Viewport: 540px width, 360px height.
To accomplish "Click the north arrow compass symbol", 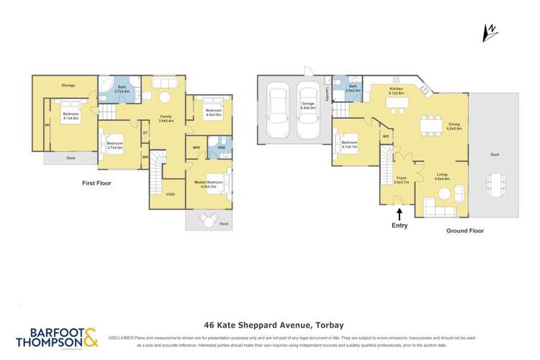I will tap(489, 32).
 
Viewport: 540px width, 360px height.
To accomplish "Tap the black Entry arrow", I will tap(400, 213).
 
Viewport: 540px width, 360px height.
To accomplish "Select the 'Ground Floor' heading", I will tap(464, 231).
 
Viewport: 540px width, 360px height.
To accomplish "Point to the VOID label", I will tap(170, 194).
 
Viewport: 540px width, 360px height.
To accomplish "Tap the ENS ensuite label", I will tap(220, 148).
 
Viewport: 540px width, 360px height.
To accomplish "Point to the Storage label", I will tap(68, 86).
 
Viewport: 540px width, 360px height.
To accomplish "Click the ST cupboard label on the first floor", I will tap(145, 132).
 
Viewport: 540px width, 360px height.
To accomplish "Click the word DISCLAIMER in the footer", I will tap(125, 337).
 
